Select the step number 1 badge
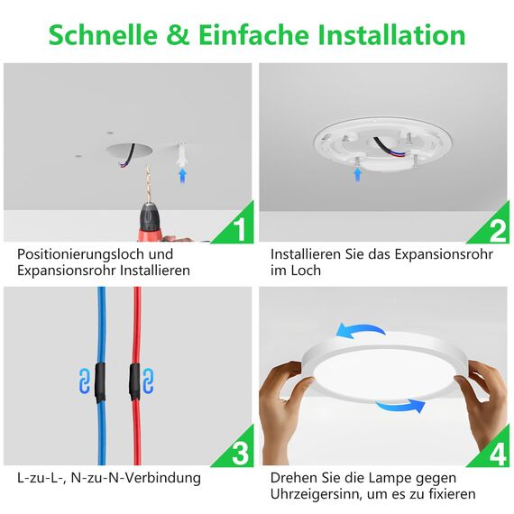click(236, 228)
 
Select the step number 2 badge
click(495, 228)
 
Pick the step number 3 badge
click(236, 450)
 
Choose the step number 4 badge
click(495, 450)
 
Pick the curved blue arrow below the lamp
click(399, 408)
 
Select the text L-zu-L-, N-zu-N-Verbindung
click(109, 477)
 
